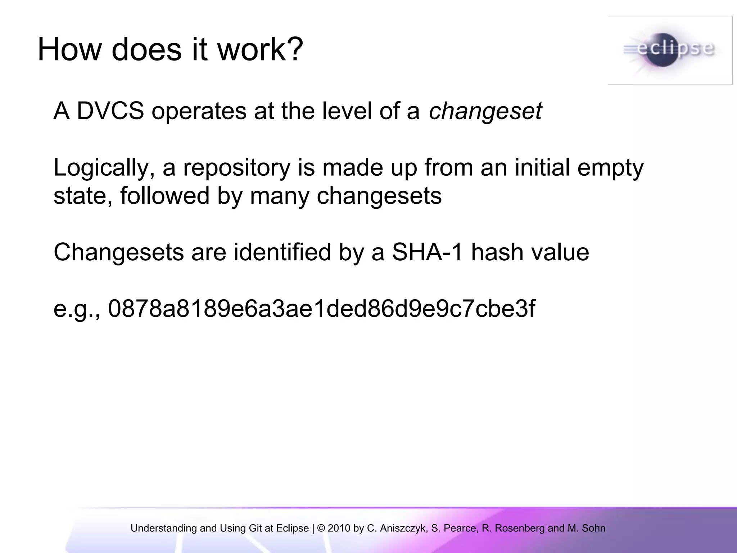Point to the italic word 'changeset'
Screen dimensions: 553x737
pos(485,112)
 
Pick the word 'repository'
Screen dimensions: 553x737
pos(236,168)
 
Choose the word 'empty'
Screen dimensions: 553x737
pos(610,168)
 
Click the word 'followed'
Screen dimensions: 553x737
pos(165,196)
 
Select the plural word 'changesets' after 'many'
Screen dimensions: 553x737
pos(379,196)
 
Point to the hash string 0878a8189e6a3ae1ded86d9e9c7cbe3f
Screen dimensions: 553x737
pos(321,309)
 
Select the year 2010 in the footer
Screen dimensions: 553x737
pos(339,528)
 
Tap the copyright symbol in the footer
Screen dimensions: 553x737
pos(321,528)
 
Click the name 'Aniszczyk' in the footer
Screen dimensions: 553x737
pos(403,528)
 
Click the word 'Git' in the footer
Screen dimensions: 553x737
pos(255,528)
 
